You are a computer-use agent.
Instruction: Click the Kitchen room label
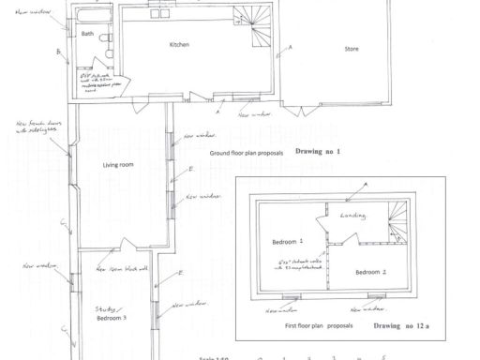pos(179,45)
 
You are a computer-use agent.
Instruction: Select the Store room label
pos(352,49)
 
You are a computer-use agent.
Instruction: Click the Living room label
pos(118,165)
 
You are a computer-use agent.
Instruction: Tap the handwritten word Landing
pos(365,216)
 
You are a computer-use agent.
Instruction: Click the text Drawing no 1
pos(319,150)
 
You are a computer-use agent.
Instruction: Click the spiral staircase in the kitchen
pos(254,22)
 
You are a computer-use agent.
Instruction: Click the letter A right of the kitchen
pos(291,46)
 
